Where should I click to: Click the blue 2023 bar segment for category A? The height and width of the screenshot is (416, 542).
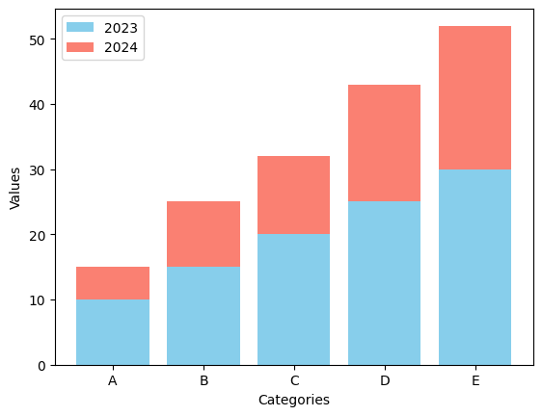pos(113,332)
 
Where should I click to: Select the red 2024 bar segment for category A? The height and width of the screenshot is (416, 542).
pos(113,283)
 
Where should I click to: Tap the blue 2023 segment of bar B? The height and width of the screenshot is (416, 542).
pos(203,316)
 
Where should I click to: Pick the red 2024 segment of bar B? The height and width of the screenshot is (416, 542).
pos(203,234)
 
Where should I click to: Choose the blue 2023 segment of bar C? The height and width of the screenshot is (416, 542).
pos(293,299)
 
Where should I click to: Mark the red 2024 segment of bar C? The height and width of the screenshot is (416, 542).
pos(293,195)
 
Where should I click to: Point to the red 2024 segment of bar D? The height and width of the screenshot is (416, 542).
pos(384,143)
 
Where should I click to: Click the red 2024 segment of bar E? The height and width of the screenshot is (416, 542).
pos(474,97)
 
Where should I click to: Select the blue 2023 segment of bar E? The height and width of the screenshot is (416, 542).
pos(474,267)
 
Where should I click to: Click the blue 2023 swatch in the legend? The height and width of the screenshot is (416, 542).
pos(80,27)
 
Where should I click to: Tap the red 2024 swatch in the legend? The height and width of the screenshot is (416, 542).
pos(80,47)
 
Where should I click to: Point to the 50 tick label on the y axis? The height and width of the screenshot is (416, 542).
pos(38,40)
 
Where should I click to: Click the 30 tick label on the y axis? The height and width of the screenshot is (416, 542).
pos(38,170)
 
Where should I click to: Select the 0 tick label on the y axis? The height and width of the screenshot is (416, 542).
pos(41,366)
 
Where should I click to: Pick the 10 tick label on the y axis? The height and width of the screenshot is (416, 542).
pos(38,300)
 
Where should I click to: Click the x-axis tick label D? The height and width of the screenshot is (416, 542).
pos(385,380)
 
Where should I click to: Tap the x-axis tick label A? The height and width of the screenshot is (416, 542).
pos(113,380)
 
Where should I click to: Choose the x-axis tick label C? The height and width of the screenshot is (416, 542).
pos(294,380)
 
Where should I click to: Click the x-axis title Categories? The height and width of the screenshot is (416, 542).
pos(294,400)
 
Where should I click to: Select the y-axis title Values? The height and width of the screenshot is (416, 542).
pos(14,188)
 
